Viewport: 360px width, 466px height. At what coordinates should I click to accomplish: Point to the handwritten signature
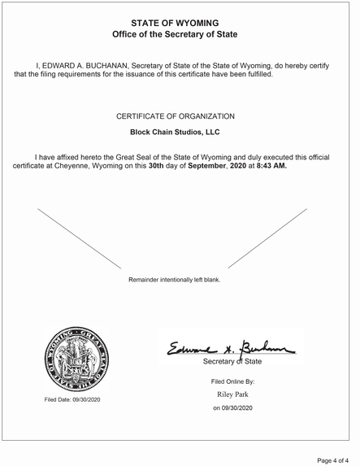pyautogui.click(x=231, y=348)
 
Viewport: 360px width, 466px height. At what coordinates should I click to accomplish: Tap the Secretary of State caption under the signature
pyautogui.click(x=232, y=360)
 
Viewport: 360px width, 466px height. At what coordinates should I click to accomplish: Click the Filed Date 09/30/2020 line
pyautogui.click(x=73, y=399)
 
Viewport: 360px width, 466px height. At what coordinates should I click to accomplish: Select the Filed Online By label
pyautogui.click(x=233, y=381)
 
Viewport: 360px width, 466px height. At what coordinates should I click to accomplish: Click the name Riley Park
pyautogui.click(x=233, y=394)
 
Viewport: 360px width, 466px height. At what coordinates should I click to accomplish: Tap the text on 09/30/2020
pyautogui.click(x=233, y=407)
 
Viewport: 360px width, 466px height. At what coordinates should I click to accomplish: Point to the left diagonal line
pyautogui.click(x=79, y=237)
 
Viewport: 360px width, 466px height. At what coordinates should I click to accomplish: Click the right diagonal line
pyautogui.click(x=267, y=237)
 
